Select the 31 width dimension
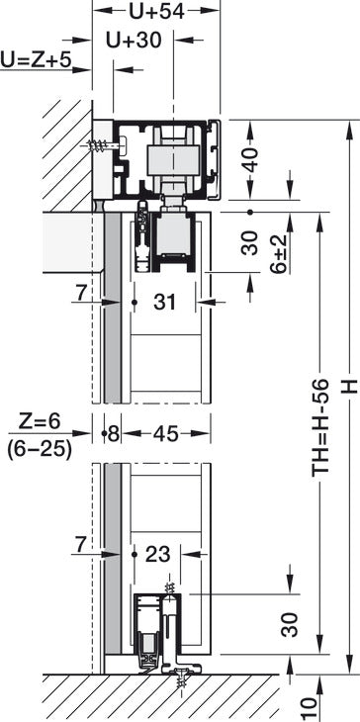click(x=165, y=303)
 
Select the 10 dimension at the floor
click(x=307, y=705)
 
